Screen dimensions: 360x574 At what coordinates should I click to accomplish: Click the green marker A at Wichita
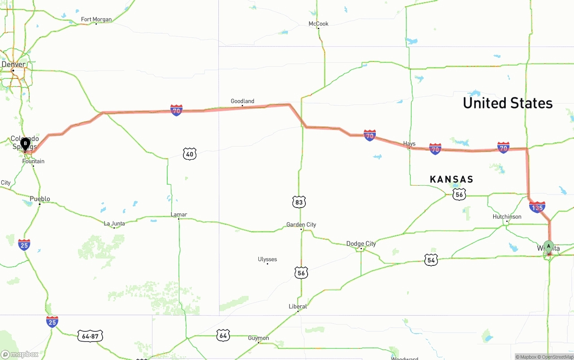pos(548,247)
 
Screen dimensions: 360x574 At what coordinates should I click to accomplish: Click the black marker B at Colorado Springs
pos(26,144)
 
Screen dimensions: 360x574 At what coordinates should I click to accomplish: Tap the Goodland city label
pos(242,101)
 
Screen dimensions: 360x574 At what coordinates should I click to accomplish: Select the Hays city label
pos(409,144)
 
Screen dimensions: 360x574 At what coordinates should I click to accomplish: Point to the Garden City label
pos(301,225)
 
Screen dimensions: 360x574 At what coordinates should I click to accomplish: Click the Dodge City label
pos(361,244)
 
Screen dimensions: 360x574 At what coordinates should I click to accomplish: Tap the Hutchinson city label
pos(507,217)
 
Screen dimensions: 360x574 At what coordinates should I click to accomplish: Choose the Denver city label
pos(13,65)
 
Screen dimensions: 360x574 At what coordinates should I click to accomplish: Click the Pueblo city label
pos(40,199)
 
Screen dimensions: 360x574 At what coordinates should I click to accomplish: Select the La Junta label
pos(114,223)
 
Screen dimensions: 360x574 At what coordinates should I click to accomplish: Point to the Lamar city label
pos(179,214)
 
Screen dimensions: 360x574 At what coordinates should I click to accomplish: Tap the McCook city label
pos(318,24)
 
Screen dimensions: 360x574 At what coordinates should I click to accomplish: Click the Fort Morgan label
pos(96,19)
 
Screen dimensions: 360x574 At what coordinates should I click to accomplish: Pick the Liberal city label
pos(298,307)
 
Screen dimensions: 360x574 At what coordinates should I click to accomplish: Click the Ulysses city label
pos(267,259)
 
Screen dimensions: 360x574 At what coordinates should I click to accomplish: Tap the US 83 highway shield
pos(299,202)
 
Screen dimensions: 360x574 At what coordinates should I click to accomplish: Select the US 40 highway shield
pos(190,154)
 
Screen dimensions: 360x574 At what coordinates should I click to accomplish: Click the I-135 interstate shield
pos(537,207)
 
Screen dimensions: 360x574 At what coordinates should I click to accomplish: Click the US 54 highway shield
pos(431,260)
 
